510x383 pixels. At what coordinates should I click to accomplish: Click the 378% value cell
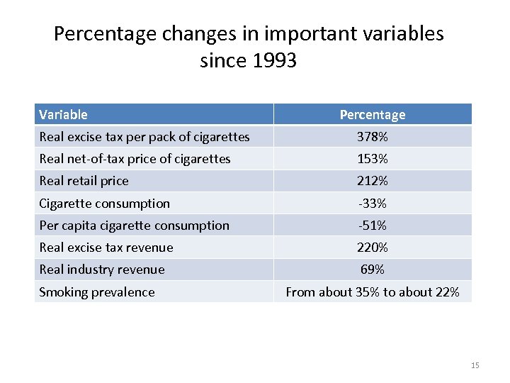pos(372,136)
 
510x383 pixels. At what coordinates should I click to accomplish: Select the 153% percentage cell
pos(372,159)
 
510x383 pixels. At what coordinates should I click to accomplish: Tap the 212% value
pos(372,181)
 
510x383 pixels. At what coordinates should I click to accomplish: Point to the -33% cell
pos(372,204)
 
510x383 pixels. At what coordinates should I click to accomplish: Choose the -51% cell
pos(372,226)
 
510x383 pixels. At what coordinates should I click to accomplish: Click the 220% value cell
pos(372,248)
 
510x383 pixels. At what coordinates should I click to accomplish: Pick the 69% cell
pos(372,270)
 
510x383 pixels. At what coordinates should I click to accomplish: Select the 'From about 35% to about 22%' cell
pos(372,292)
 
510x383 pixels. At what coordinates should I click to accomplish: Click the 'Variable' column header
pos(64,114)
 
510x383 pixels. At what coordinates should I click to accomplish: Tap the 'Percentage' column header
pos(372,114)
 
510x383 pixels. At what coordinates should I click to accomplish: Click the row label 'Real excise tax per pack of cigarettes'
pos(144,136)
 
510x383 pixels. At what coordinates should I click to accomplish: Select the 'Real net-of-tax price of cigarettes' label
pos(135,159)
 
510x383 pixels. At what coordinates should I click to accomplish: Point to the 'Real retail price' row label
pos(84,181)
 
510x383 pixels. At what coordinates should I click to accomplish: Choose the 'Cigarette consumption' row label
pos(104,204)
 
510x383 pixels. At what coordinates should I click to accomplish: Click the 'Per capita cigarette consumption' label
pos(134,226)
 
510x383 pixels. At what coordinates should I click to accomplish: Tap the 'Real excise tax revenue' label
pos(106,248)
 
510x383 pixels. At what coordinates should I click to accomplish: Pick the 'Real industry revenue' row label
pos(102,270)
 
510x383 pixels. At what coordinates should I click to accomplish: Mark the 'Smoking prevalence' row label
pos(96,292)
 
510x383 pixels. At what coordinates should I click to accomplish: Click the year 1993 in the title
pos(273,61)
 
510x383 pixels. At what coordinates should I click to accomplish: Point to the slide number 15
pos(475,365)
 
